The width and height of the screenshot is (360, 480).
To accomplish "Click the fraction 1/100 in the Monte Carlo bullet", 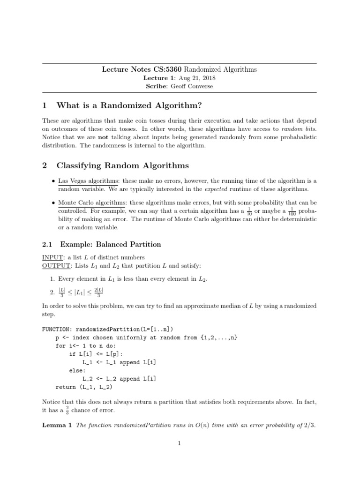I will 292,211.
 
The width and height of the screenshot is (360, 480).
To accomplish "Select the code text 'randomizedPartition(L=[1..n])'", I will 127,329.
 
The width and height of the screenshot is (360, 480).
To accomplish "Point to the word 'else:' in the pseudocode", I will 77,370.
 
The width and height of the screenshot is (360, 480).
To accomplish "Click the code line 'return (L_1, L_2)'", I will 84,387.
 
